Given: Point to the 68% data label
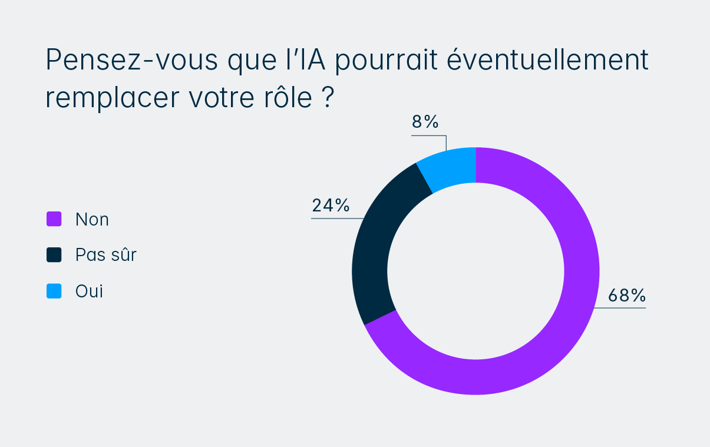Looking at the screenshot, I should (627, 296).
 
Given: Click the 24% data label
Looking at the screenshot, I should (331, 206).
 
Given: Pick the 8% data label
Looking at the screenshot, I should (425, 122).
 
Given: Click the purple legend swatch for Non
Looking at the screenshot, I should (54, 219).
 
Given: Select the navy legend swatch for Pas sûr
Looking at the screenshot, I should (54, 255).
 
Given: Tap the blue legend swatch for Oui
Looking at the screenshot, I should (54, 291).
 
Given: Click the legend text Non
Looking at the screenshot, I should (92, 220).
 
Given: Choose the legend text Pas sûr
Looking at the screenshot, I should (106, 255).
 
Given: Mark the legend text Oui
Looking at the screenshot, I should (89, 291).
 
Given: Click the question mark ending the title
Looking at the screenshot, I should (328, 98).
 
